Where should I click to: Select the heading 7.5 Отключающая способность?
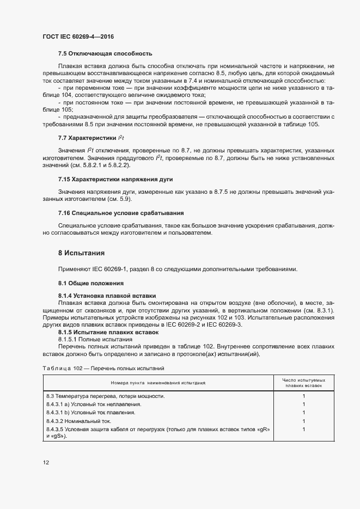coord(105,53)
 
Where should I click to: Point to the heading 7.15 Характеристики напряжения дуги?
coord(116,179)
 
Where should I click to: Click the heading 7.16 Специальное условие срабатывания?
coord(120,212)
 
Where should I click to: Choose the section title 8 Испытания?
coord(81,253)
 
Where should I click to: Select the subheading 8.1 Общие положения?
coord(91,283)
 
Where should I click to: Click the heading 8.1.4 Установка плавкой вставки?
coord(107,297)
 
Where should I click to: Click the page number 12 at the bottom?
coord(46,463)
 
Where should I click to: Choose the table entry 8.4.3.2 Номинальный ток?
coord(79,421)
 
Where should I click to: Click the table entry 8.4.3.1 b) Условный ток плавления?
coord(90,413)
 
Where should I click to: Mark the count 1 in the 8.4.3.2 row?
coord(303,421)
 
